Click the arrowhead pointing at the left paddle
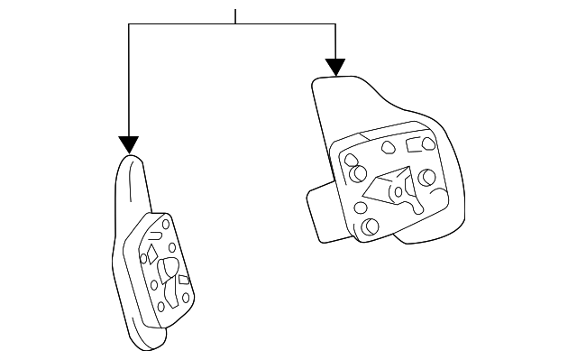tap(129, 144)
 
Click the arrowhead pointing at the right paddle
tap(335, 67)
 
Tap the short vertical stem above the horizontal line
tap(235, 16)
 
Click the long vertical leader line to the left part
tap(129, 81)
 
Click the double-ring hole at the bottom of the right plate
tap(368, 226)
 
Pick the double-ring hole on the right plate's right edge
tap(426, 177)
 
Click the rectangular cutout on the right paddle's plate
tap(417, 144)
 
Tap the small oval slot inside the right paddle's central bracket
tap(394, 190)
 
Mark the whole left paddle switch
tap(149, 257)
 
